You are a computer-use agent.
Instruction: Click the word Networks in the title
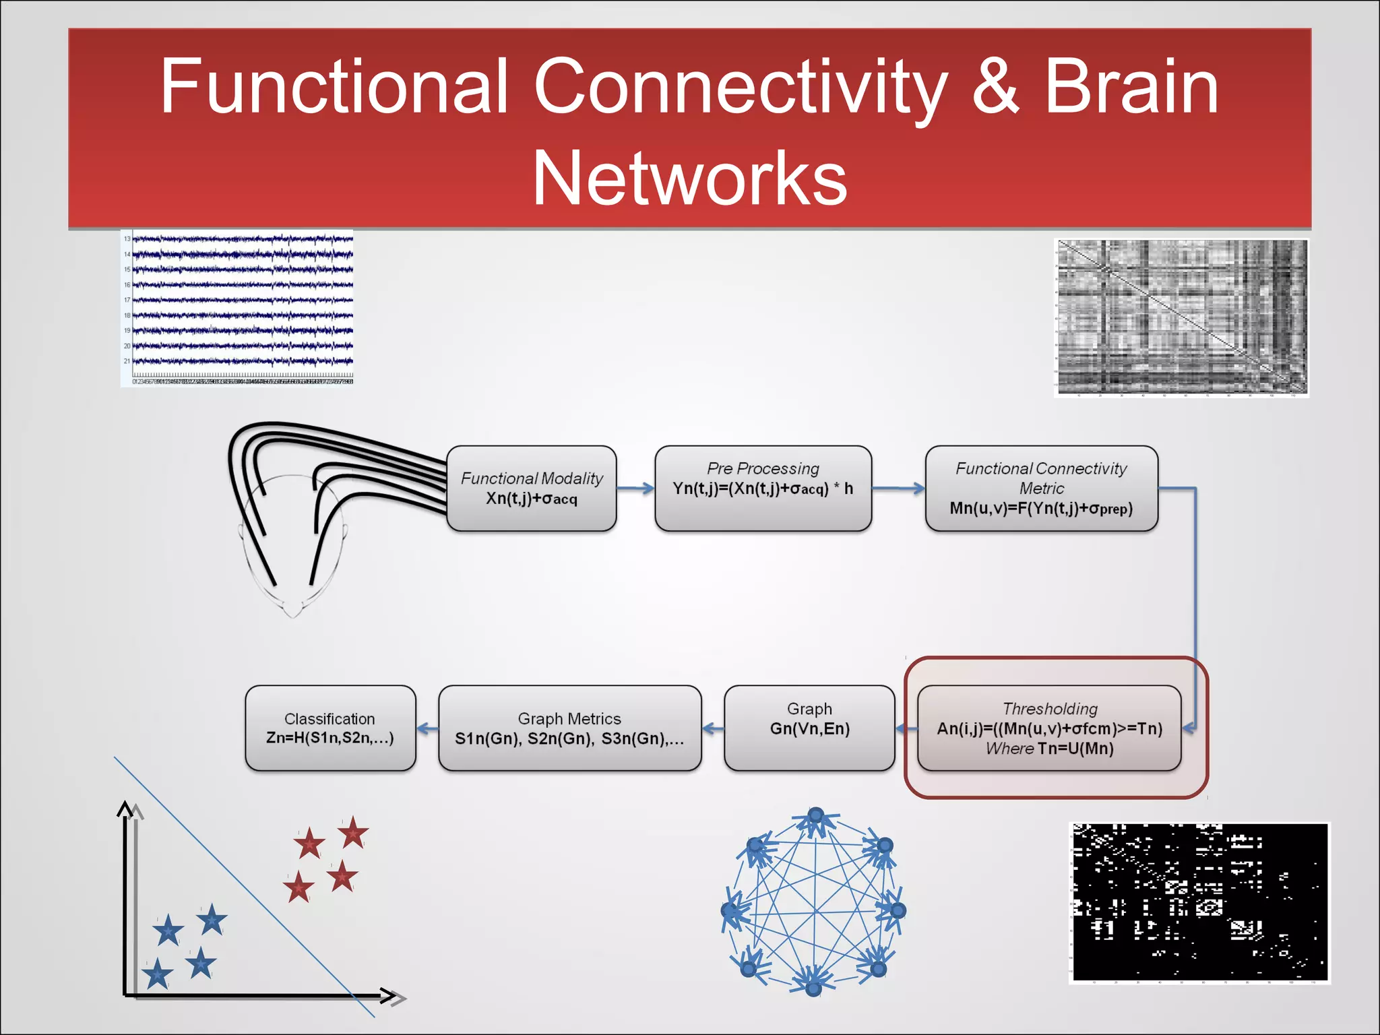click(689, 179)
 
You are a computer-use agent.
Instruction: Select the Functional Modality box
click(532, 489)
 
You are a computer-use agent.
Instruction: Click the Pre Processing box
click(763, 489)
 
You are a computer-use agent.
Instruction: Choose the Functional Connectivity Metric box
click(1041, 489)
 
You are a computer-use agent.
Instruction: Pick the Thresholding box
click(1049, 728)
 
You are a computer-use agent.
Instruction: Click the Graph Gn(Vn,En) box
click(809, 728)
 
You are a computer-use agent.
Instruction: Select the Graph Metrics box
click(569, 728)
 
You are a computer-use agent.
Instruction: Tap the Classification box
click(330, 728)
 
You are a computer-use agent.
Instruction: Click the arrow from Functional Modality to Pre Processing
click(635, 489)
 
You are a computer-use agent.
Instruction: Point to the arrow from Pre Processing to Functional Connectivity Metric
click(898, 489)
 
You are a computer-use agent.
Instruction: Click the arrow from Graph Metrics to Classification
click(427, 728)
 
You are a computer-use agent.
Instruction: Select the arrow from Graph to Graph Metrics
click(713, 728)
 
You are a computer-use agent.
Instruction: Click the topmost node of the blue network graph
click(816, 815)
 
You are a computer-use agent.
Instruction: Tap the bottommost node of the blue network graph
click(813, 989)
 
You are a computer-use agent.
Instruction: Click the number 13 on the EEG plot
click(127, 239)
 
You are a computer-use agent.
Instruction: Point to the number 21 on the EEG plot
click(127, 361)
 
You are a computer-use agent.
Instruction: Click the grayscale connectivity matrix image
click(1182, 317)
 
